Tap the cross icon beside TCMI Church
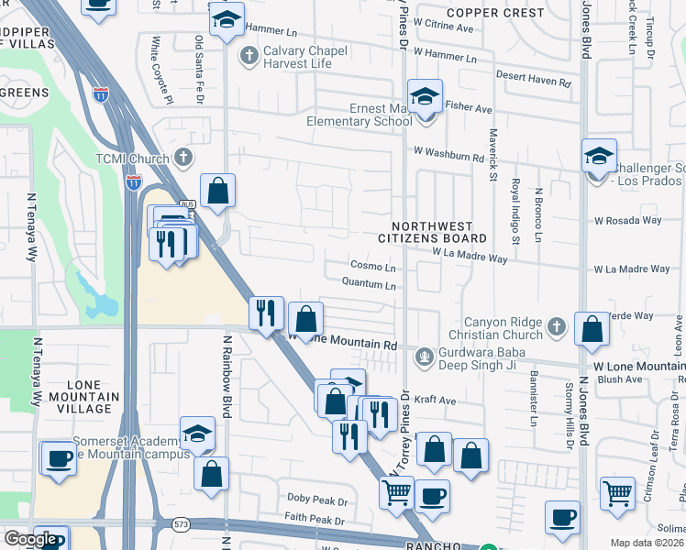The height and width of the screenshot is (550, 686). (183, 157)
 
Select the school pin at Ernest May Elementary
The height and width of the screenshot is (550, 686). (425, 97)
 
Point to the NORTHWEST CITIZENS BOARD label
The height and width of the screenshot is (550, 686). (432, 232)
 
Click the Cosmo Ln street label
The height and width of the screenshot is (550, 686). (373, 267)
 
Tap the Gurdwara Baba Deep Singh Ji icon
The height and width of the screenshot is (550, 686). (424, 356)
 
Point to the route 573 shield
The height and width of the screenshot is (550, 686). (178, 523)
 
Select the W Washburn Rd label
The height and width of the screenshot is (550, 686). (448, 158)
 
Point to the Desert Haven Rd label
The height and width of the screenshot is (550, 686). (533, 81)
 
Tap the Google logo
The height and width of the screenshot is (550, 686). (31, 539)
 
